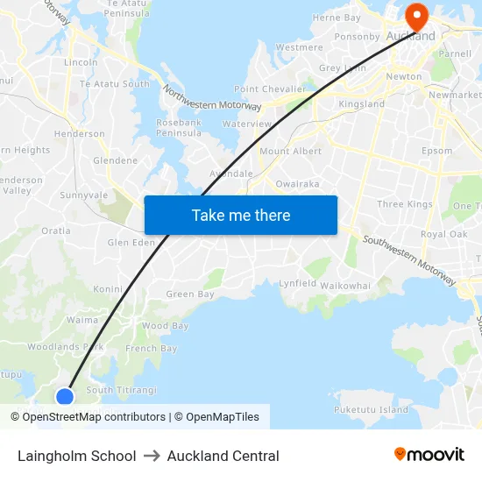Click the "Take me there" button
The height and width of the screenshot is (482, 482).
[241, 216]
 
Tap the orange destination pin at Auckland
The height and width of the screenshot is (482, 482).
[415, 16]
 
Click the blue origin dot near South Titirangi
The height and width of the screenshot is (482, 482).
[65, 397]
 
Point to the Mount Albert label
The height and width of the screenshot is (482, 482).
[290, 152]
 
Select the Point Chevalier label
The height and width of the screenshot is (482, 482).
[270, 89]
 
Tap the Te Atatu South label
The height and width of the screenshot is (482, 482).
[115, 84]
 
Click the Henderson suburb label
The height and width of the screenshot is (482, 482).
[80, 134]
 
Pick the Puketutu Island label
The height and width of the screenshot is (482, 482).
[371, 409]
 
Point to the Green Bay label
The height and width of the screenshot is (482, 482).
[190, 294]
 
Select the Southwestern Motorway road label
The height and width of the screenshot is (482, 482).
[409, 260]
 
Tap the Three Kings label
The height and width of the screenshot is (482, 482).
[405, 204]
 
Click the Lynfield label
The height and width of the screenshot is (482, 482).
[297, 284]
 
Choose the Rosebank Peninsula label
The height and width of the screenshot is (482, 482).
[179, 127]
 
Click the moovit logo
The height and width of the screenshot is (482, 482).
[429, 455]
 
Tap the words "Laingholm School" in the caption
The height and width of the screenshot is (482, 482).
[77, 456]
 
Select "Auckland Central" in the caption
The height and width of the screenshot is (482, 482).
[223, 456]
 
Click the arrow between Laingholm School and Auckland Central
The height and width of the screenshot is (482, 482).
[152, 456]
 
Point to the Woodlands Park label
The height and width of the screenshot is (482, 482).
[66, 347]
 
